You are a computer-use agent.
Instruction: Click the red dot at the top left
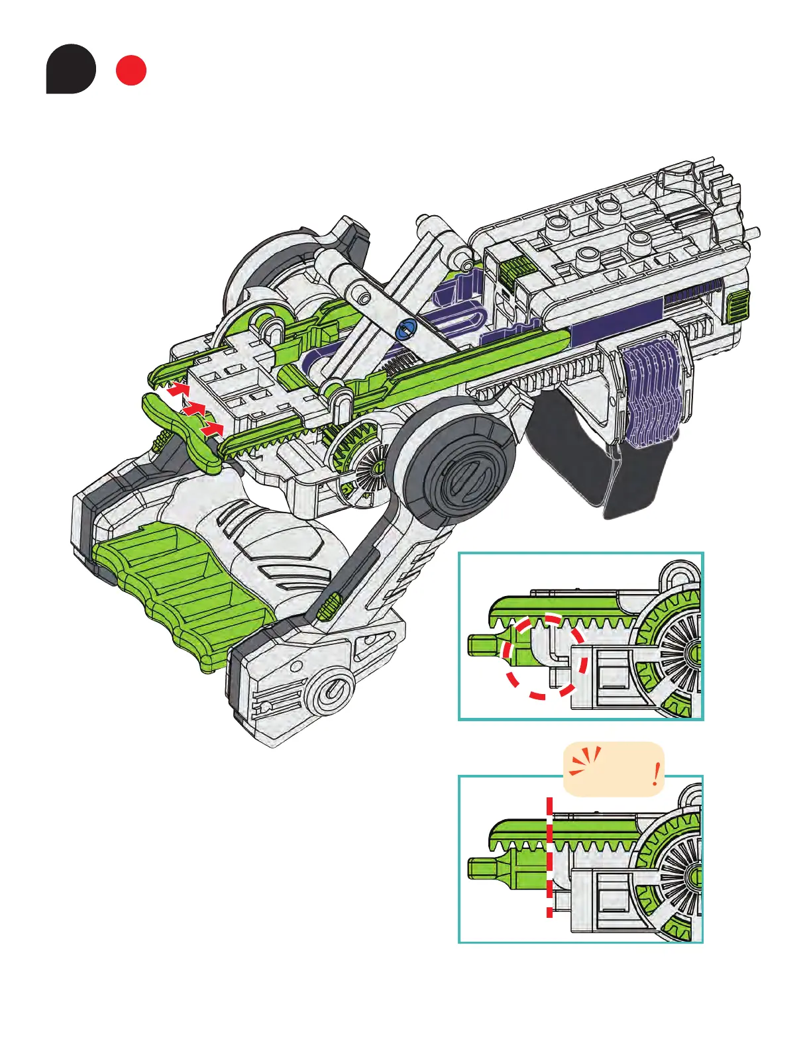point(131,71)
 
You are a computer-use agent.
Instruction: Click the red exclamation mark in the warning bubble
point(655,774)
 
